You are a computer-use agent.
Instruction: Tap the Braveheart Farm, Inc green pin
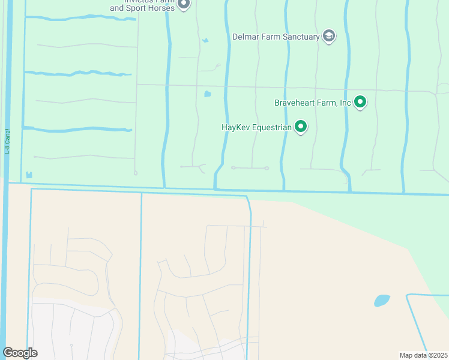pos(360,102)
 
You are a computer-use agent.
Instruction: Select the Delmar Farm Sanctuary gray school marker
pos(328,37)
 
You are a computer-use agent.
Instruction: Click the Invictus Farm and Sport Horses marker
pos(184,5)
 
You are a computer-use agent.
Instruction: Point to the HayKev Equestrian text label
pos(256,127)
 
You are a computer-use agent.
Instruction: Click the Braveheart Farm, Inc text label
pos(313,103)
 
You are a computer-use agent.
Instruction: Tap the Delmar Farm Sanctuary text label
pos(276,37)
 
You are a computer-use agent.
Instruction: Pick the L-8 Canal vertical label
pos(8,142)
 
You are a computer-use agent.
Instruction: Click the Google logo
pos(20,353)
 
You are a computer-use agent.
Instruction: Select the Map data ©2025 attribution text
pos(423,355)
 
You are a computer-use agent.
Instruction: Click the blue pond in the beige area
pos(382,300)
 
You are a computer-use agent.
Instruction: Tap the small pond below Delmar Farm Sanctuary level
pos(208,94)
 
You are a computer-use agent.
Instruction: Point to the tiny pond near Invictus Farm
pos(205,41)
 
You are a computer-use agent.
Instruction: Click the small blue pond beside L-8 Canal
pos(29,175)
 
